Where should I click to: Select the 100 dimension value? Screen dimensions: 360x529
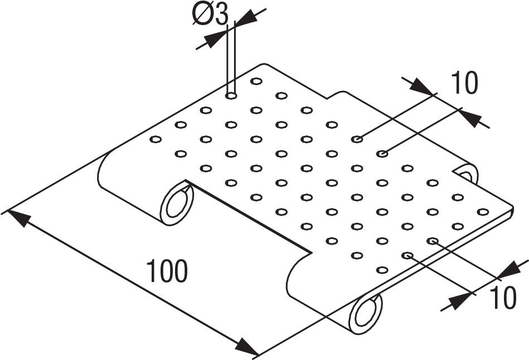click(167, 271)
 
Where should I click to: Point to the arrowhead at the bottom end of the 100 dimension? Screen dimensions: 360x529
click(248, 348)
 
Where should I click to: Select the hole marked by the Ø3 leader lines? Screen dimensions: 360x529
click(231, 96)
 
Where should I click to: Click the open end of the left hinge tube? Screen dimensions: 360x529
click(177, 201)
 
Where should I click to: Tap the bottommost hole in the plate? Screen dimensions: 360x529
click(382, 270)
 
